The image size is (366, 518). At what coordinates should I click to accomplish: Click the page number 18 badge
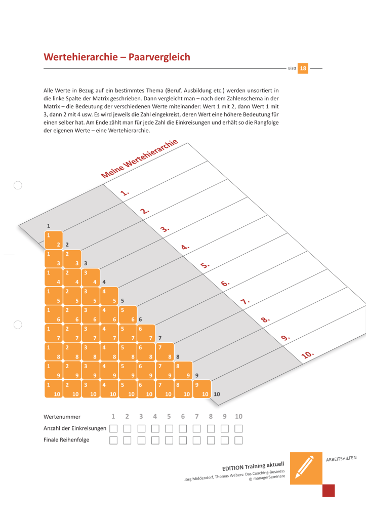tap(303, 68)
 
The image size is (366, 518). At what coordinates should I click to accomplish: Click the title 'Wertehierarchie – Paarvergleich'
tap(117, 57)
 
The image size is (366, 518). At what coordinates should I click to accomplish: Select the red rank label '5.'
tap(205, 265)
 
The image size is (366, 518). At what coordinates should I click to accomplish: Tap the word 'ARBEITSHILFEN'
tap(341, 459)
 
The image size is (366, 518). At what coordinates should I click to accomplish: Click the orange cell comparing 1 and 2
tap(54, 240)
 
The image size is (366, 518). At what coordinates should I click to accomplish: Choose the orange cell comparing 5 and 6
tap(128, 315)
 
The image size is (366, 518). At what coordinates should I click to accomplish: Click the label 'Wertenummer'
tap(62, 417)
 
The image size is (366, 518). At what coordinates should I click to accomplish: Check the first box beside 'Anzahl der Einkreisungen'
tap(113, 428)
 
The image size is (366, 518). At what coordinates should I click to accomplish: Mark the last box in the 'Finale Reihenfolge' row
tap(238, 440)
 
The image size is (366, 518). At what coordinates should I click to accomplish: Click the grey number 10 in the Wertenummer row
tap(238, 417)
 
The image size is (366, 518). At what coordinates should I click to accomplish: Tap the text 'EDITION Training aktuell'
tap(253, 465)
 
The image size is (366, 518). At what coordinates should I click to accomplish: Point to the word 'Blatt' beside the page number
tap(292, 68)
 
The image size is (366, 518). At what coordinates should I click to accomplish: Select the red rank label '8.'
tap(266, 320)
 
